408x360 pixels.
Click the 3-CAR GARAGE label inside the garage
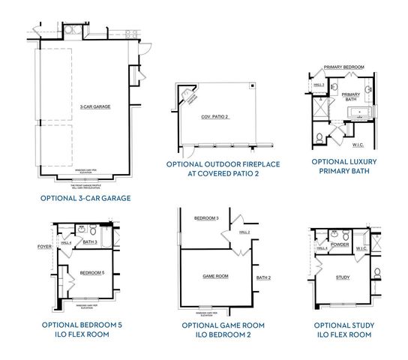[x=95, y=107]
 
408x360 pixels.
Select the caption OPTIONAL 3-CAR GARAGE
[x=86, y=199]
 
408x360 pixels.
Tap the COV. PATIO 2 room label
[x=214, y=117]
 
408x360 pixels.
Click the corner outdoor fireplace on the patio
[x=187, y=96]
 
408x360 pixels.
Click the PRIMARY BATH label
[x=351, y=98]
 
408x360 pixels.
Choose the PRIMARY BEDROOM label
[x=344, y=67]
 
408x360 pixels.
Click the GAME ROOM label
[x=214, y=276]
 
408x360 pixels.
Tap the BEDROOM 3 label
[x=206, y=218]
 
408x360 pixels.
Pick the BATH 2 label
[x=262, y=277]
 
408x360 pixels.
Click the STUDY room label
[x=343, y=278]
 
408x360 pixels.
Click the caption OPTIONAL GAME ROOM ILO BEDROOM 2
[x=217, y=329]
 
